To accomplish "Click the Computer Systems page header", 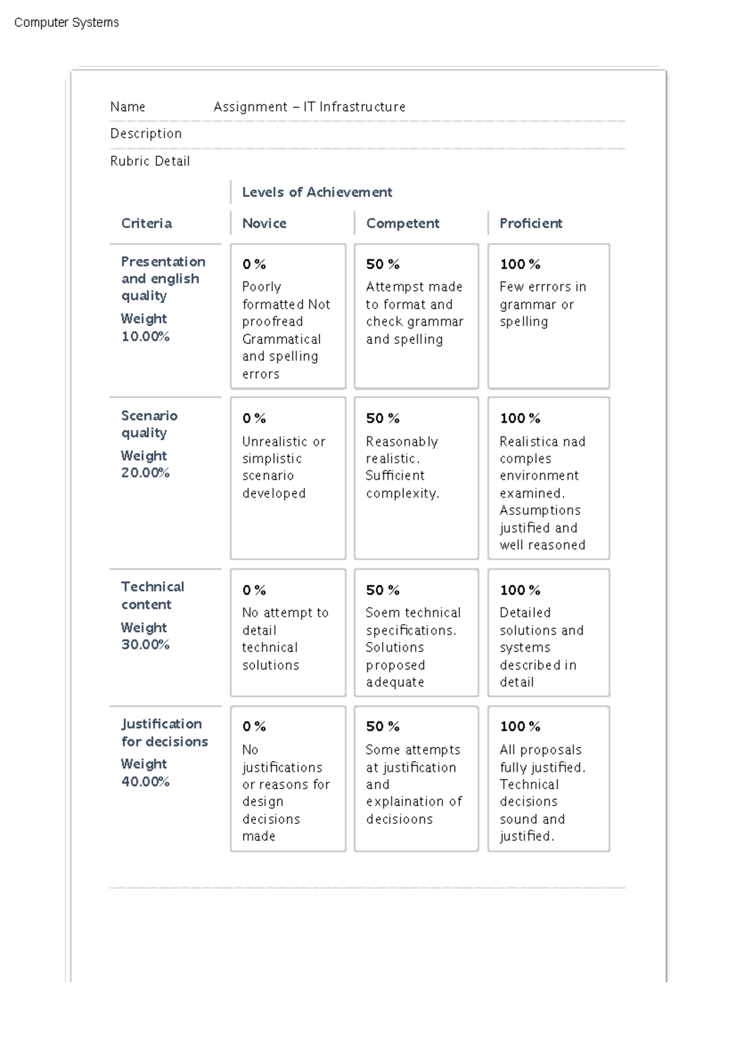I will (66, 23).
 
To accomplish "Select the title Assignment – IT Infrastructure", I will (309, 107).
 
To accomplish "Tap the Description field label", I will (146, 134).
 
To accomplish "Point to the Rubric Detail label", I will (150, 161).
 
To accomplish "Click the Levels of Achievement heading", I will (316, 192).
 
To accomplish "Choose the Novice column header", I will (264, 223).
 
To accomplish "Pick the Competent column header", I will (402, 223).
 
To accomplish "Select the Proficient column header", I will (531, 223).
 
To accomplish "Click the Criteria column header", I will (146, 223).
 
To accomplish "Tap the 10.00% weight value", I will (145, 336).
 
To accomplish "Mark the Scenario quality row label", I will (149, 424).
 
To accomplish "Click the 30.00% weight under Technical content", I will (145, 644).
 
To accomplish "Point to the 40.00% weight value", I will (145, 781).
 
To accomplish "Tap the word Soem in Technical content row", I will (378, 612).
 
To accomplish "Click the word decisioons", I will (399, 819).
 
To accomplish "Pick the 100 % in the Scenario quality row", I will (519, 418).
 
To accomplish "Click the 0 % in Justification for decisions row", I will (254, 726).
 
